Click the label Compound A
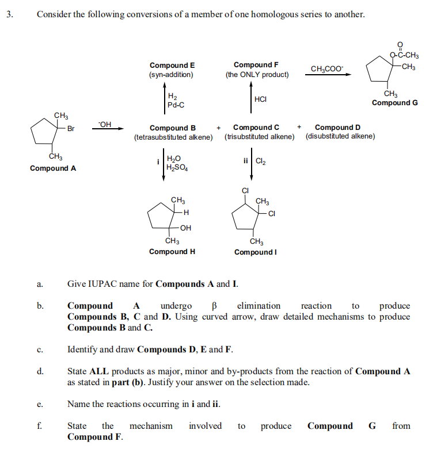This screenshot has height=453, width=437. coord(53,168)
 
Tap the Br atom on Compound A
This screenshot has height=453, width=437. coord(71,129)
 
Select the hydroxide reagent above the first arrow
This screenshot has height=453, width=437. coord(105,123)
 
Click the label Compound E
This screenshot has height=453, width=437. coord(172,66)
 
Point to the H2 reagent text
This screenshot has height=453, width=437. coord(172,97)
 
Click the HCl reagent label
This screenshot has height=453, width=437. coord(260,99)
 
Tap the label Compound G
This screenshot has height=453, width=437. coord(395,103)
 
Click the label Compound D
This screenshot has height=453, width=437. coord(338,128)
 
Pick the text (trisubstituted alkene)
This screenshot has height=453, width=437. coord(260,137)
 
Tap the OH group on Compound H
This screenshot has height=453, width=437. coord(185,228)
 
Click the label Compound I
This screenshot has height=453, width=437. coord(257,252)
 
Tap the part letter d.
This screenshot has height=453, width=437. coord(39,371)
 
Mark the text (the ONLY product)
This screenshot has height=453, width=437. coord(257,75)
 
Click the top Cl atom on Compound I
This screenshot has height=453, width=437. coord(245,191)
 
